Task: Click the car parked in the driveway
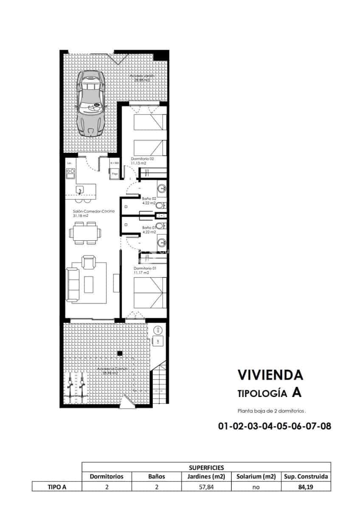(x=90, y=103)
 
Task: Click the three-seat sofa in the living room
(x=73, y=284)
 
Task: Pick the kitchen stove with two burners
(x=70, y=173)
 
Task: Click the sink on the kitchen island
(x=79, y=189)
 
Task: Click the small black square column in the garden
(x=120, y=353)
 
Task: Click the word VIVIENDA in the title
(x=270, y=375)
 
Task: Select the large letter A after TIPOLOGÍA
(x=297, y=393)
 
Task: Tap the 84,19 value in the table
(x=305, y=487)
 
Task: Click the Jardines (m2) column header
(x=206, y=476)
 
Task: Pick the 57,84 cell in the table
(x=206, y=487)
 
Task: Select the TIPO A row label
(x=56, y=487)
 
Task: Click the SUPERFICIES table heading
(x=206, y=467)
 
